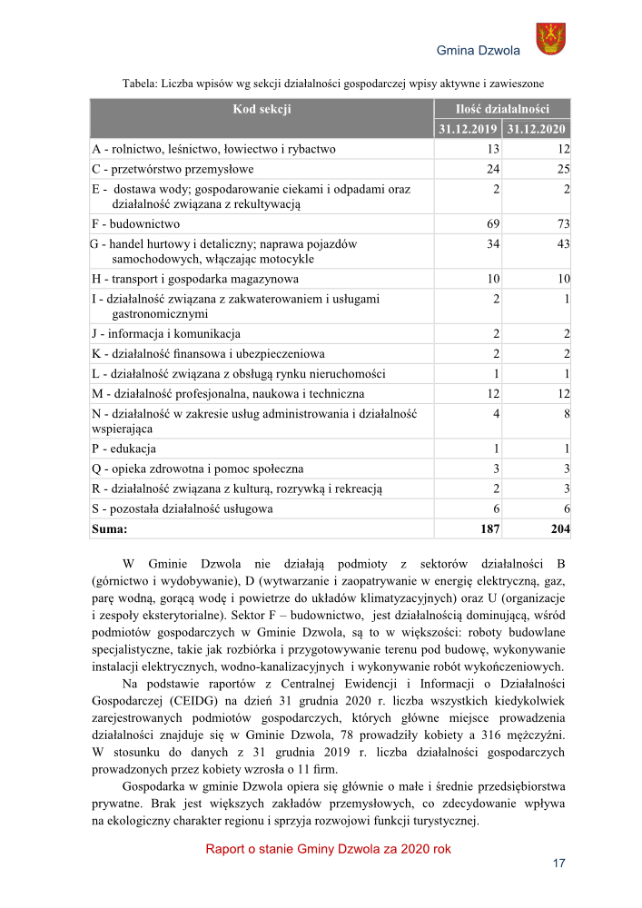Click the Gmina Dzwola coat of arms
[x=550, y=39]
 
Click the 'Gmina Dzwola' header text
[x=479, y=50]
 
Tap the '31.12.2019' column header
[x=468, y=129]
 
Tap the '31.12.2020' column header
[x=537, y=129]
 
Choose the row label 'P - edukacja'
[x=123, y=449]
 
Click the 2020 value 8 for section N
[x=565, y=414]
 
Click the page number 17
[x=559, y=863]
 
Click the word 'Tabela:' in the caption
[x=140, y=84]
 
